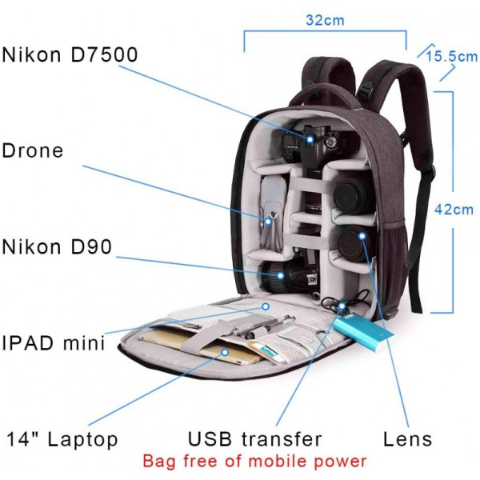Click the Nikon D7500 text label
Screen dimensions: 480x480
[70, 54]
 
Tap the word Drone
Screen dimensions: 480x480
[33, 150]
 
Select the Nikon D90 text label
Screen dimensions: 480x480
[57, 246]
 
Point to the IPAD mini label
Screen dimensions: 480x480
[54, 343]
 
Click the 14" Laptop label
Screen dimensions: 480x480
[62, 439]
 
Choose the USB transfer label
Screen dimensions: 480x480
[254, 439]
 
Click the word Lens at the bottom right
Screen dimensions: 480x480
[407, 439]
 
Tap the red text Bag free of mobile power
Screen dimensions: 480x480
[254, 461]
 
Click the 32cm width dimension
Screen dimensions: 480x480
[325, 20]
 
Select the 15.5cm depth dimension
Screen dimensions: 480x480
[452, 57]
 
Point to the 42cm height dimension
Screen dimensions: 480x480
[454, 210]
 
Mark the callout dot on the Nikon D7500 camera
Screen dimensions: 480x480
[310, 139]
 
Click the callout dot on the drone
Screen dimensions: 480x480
[268, 222]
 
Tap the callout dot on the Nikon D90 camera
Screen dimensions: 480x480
[281, 275]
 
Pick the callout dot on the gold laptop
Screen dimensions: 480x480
[225, 352]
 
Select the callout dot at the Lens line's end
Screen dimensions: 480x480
[362, 236]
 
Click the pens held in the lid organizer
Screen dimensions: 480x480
[266, 327]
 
